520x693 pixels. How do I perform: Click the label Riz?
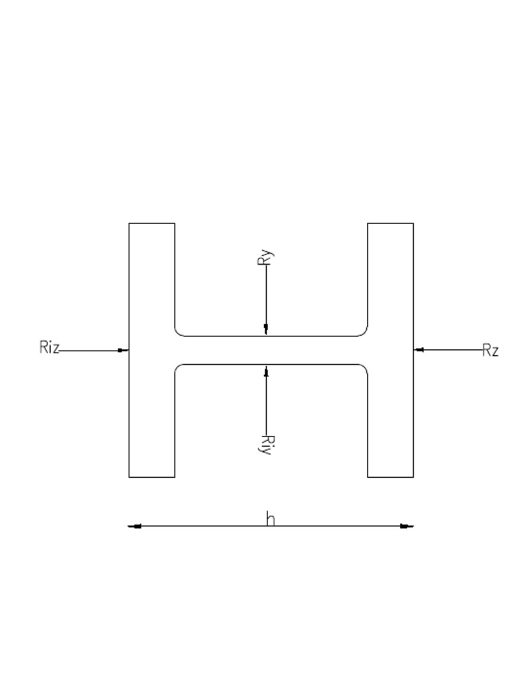coord(49,348)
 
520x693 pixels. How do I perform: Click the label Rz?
coord(490,350)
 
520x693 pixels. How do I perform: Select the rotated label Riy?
coord(266,444)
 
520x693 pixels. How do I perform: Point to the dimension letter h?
coord(270,518)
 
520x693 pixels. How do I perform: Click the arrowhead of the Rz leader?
coord(419,350)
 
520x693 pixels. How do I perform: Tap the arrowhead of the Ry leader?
coord(265,330)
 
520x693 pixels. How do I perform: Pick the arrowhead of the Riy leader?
coord(265,371)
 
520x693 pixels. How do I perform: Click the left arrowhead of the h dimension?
coord(135,526)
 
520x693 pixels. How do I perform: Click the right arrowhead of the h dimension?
coord(407,526)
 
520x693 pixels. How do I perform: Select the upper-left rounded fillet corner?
coord(178,332)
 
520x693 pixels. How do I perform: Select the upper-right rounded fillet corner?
coord(364,332)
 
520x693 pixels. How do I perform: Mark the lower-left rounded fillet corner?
coord(178,368)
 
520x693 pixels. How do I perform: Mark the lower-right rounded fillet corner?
coord(364,368)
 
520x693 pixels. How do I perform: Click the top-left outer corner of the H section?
coord(129,223)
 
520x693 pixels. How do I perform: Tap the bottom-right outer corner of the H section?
coord(413,477)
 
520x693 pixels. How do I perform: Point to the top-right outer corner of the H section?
coord(413,223)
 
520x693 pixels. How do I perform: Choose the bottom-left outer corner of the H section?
coord(129,477)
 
